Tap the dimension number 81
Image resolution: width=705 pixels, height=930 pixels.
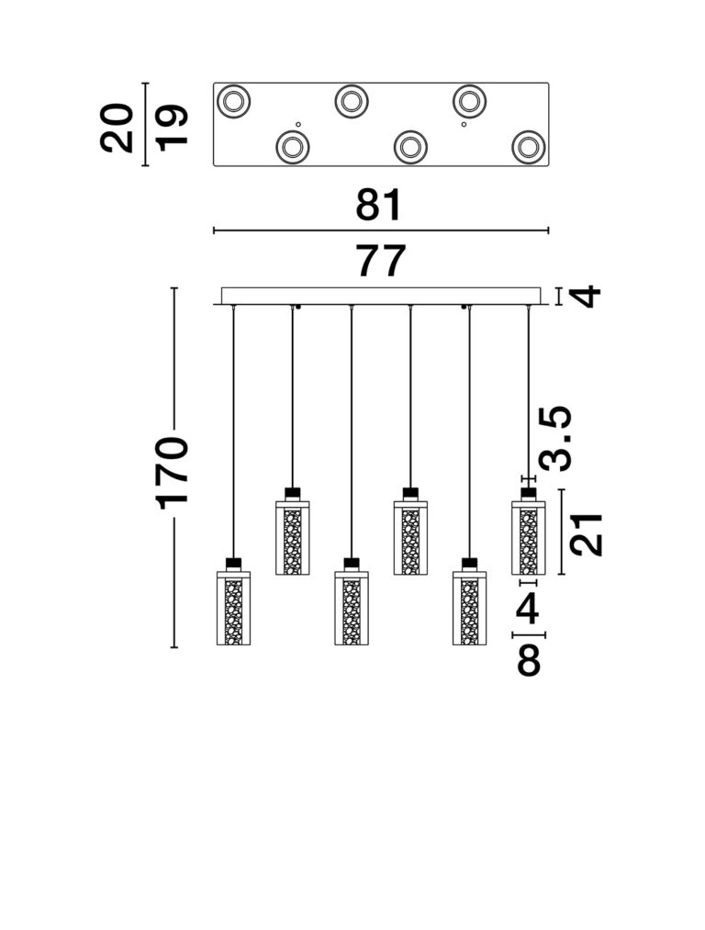click(379, 206)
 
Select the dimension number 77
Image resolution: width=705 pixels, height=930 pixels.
click(381, 261)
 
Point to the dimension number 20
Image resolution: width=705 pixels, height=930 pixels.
click(117, 128)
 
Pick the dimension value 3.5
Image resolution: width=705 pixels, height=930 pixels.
click(555, 438)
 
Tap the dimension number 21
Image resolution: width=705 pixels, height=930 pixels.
click(586, 533)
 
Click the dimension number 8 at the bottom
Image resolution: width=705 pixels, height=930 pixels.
click(529, 660)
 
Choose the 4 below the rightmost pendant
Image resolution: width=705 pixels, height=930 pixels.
click(528, 609)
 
